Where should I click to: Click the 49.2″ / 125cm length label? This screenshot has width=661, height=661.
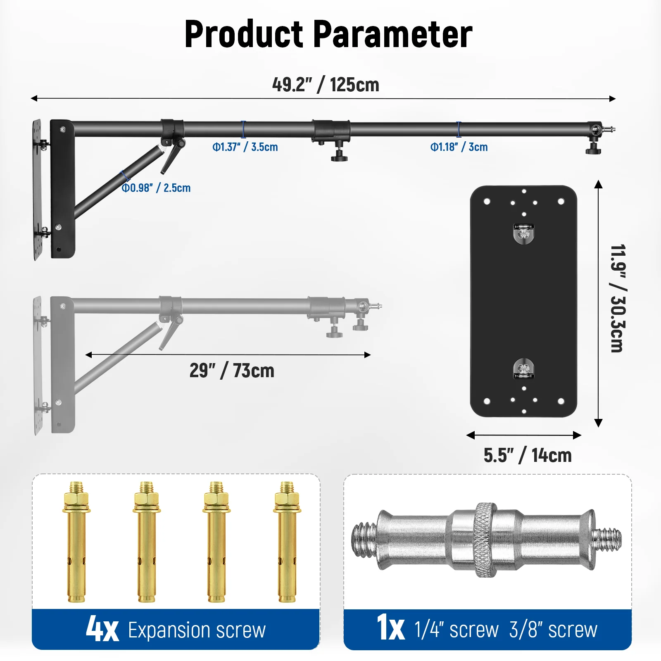click(326, 85)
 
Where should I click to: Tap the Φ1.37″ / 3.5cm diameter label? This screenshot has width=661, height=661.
click(245, 147)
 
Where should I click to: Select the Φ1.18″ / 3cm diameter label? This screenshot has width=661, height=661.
click(459, 147)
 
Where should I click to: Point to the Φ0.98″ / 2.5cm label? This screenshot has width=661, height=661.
click(156, 188)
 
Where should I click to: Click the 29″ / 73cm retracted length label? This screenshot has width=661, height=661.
click(232, 371)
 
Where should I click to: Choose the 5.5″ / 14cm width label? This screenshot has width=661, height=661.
click(528, 455)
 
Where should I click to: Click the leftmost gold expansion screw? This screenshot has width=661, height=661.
click(76, 542)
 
